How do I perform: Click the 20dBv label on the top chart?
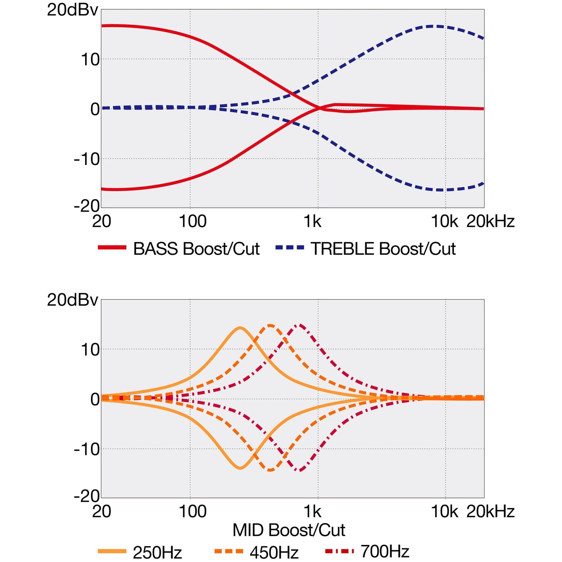coord(72,10)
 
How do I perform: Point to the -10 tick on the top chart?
coord(87,159)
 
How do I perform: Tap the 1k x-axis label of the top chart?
coord(312,221)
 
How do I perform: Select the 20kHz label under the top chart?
coord(490,221)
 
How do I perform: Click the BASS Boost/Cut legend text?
coord(196,249)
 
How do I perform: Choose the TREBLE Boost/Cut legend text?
coord(383,249)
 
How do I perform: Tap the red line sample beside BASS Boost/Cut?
coord(112,248)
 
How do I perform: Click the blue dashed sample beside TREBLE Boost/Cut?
coord(290,248)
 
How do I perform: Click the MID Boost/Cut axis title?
coord(289,530)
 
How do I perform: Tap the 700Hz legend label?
coord(385,551)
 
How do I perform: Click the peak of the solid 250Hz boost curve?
coord(240,328)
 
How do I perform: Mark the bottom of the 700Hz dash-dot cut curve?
coord(299,471)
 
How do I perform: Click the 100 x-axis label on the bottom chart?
coord(192,511)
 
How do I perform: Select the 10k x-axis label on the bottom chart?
coord(445,511)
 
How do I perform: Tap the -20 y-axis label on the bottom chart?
coord(87,496)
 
